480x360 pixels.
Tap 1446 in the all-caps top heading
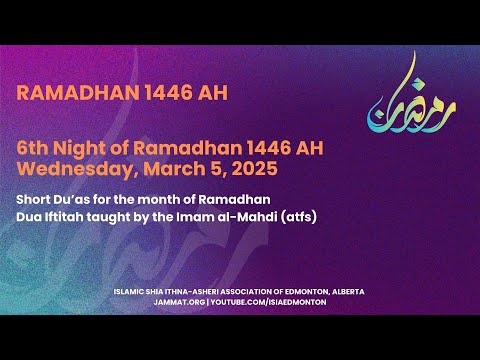[x=151, y=93]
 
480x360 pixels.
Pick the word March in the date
[x=166, y=166]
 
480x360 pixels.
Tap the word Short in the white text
[x=35, y=198]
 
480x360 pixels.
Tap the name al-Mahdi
[x=238, y=215]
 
